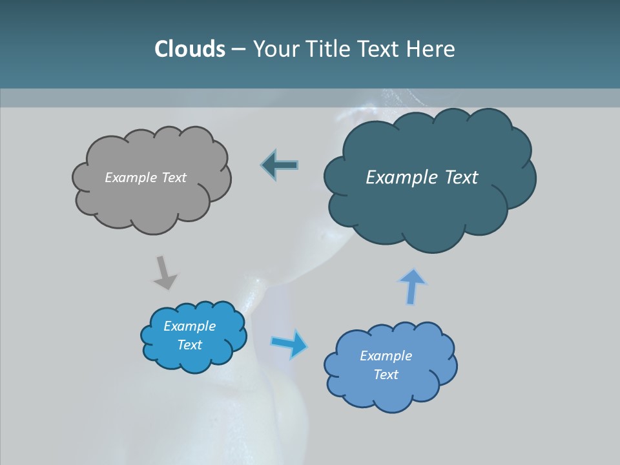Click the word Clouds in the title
[189, 49]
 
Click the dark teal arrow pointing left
[280, 165]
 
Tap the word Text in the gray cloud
[174, 178]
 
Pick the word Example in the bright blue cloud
[189, 326]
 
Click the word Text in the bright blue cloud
[189, 345]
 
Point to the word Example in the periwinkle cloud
[386, 356]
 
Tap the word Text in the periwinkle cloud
[386, 375]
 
